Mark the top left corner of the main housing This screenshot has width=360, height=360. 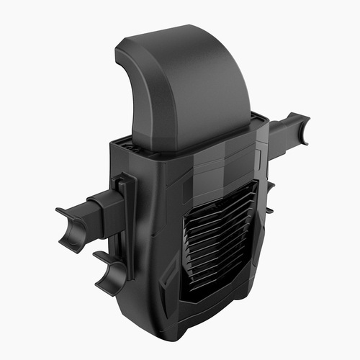pos(111,145)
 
